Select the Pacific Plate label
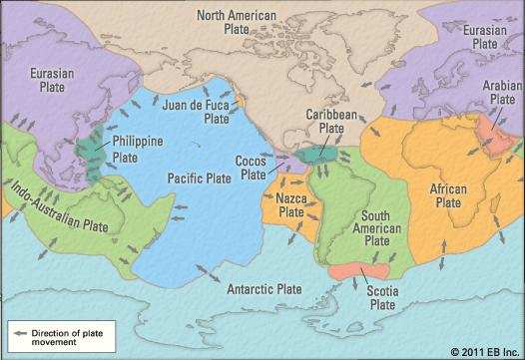click(200, 177)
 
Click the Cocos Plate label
click(251, 167)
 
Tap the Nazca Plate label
click(291, 205)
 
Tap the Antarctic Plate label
click(263, 289)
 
